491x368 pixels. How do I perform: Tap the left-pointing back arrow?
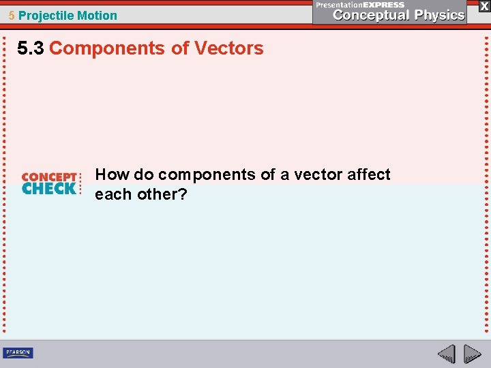tap(447, 354)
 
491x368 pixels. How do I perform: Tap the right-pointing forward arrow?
tap(473, 354)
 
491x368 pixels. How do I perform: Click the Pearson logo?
tap(18, 352)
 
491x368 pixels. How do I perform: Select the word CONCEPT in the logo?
tap(49, 177)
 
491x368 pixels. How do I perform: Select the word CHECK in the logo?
tap(49, 189)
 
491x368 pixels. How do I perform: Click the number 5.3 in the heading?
tap(31, 48)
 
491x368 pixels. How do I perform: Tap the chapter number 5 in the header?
tap(12, 15)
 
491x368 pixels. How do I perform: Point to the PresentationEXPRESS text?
tap(360, 4)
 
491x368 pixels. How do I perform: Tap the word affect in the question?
tap(368, 174)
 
